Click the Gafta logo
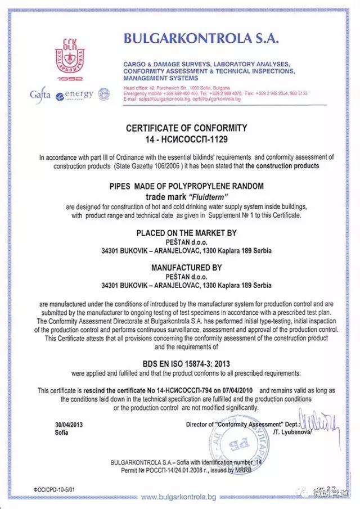[40, 94]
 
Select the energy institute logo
[75, 94]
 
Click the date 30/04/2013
[69, 425]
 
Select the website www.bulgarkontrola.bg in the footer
[178, 497]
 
